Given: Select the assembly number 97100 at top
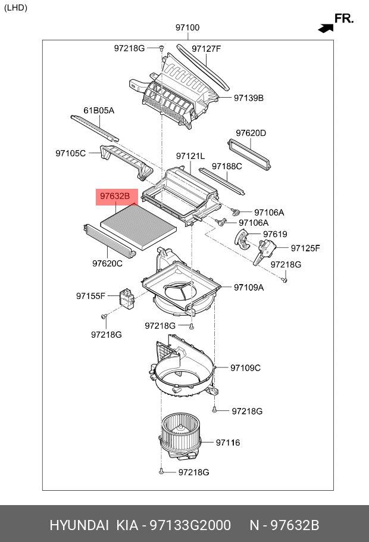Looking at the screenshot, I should tap(187, 27).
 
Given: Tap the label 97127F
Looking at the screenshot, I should tap(206, 49).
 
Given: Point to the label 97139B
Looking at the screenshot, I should tap(248, 98).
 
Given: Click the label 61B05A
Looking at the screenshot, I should tap(98, 111).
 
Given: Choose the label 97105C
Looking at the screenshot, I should tap(71, 153).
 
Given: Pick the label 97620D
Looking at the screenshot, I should tap(251, 133).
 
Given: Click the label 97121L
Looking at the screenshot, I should tap(190, 155).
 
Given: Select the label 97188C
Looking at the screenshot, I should tap(227, 166).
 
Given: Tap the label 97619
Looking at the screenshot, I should tap(275, 234).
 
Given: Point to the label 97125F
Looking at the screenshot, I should tap(305, 248).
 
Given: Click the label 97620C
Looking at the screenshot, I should tap(107, 263).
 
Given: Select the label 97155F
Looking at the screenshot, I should tap(90, 295).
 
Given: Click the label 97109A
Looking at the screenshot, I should tap(248, 287).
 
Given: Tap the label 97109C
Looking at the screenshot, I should tap(245, 367).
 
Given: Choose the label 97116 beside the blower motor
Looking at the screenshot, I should tap(227, 442).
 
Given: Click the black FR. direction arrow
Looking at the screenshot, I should tap(326, 27).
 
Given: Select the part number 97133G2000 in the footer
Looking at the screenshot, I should tap(189, 525).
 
